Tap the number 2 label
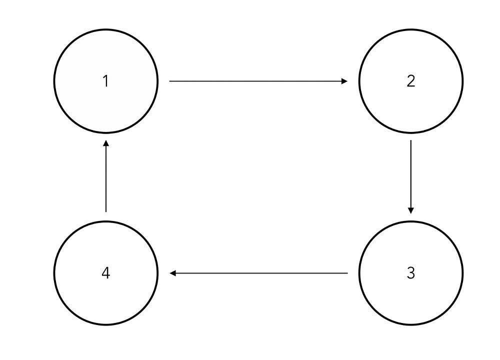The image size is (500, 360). [411, 81]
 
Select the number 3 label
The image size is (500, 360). [411, 273]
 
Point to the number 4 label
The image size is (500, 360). [106, 273]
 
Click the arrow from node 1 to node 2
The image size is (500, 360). [258, 81]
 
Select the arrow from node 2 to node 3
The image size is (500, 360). [411, 177]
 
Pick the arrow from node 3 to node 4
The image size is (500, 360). [258, 273]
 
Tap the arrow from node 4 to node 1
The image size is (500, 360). [106, 176]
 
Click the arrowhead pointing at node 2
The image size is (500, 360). [344, 81]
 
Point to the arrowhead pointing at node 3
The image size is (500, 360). [411, 211]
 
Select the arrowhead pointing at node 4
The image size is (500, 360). [173, 273]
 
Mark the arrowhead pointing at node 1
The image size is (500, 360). [106, 143]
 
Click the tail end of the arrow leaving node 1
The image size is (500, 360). [169, 81]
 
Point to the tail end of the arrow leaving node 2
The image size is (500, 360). [411, 140]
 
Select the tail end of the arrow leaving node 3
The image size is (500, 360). [347, 273]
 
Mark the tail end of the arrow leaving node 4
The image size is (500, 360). [106, 211]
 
